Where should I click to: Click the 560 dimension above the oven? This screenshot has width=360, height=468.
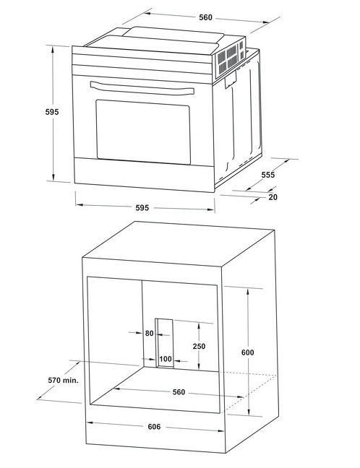(206, 17)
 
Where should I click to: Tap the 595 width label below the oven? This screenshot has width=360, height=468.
(142, 208)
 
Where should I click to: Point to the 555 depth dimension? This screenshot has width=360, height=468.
(267, 175)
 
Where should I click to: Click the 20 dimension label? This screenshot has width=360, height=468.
(273, 196)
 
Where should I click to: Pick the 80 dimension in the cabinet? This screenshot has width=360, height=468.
(150, 334)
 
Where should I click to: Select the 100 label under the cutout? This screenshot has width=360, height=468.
(166, 359)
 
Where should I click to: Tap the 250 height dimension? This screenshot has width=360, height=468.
(199, 346)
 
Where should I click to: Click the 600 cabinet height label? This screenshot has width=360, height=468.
(248, 352)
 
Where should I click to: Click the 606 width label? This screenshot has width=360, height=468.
(154, 427)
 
